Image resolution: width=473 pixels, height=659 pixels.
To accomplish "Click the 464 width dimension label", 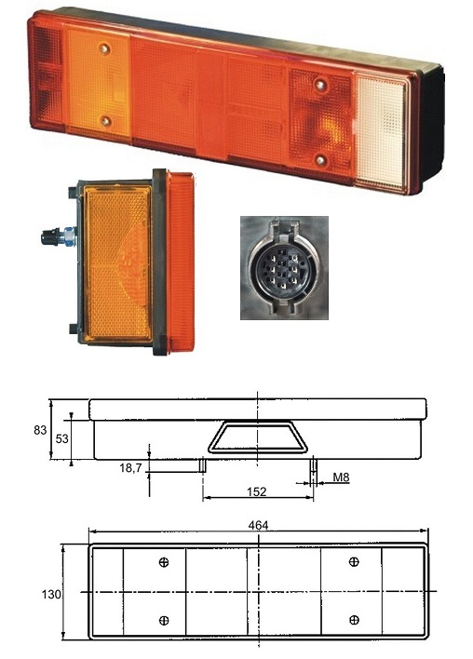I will click(x=259, y=526).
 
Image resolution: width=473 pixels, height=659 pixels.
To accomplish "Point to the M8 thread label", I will click(x=342, y=477).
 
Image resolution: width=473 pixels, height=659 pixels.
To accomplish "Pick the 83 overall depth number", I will click(x=38, y=429).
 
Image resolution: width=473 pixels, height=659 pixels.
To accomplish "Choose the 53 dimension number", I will click(x=61, y=439).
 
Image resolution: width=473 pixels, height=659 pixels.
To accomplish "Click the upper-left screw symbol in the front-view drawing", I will click(x=165, y=562).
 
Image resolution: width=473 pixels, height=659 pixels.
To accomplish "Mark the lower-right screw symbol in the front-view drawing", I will click(x=354, y=620).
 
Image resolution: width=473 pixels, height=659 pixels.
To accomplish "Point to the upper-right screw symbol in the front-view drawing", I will click(x=354, y=561).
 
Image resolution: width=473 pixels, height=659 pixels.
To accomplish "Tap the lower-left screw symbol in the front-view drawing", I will click(x=165, y=620).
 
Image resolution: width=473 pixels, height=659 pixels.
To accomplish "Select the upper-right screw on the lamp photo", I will click(x=321, y=85).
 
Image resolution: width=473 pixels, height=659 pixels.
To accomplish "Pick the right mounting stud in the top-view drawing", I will click(x=313, y=464).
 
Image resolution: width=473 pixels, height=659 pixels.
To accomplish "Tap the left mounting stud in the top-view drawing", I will click(x=202, y=464).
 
